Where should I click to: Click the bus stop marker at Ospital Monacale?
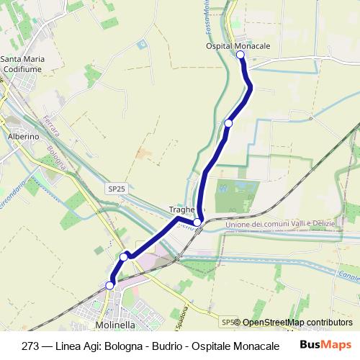[x=240, y=54]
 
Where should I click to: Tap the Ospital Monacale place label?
[x=238, y=45]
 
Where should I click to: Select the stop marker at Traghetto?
[x=197, y=222]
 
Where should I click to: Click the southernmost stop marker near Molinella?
[x=109, y=286]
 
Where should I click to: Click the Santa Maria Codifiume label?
[x=23, y=63]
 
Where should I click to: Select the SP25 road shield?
[x=117, y=189]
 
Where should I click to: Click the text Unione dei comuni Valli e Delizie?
[x=281, y=225]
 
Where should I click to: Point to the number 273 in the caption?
[x=32, y=345]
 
